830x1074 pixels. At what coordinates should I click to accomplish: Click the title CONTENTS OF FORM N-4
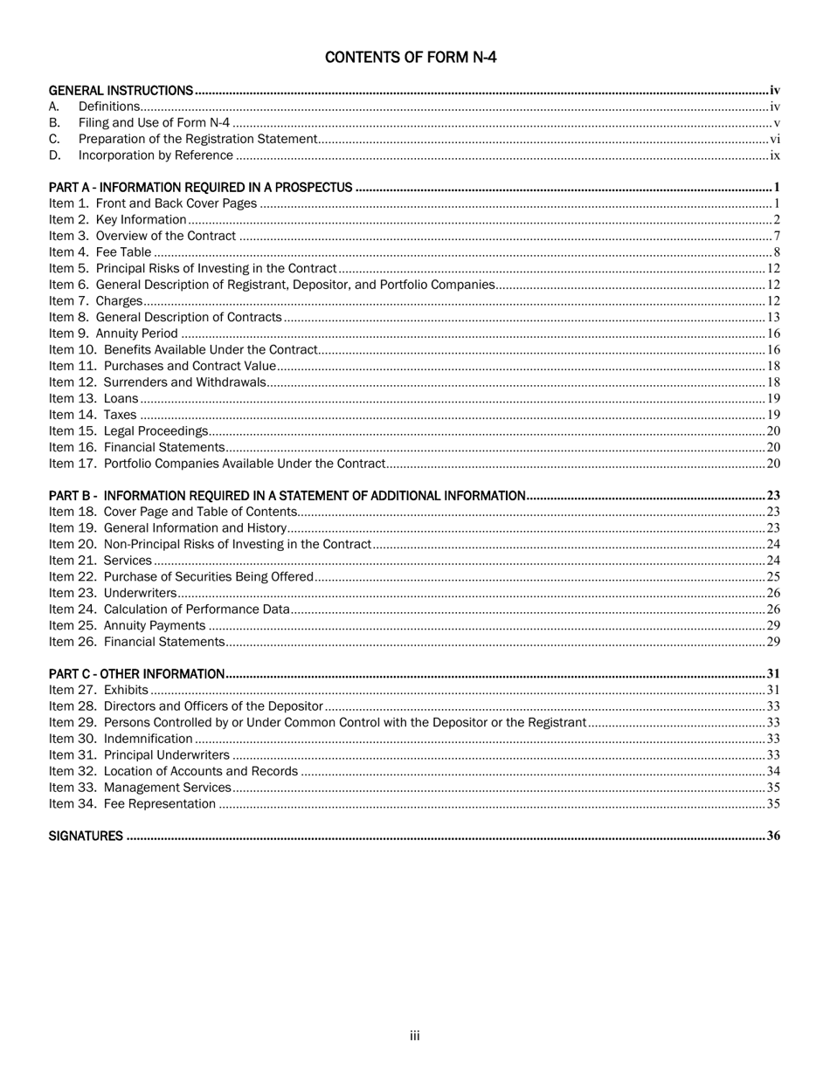411,58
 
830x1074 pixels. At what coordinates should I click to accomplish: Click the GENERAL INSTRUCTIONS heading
121,91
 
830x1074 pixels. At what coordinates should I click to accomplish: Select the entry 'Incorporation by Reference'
156,155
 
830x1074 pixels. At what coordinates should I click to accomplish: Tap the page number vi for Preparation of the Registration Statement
774,140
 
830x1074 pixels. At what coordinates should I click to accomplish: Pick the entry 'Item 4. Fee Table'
100,252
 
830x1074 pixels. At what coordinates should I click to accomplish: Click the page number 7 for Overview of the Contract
776,237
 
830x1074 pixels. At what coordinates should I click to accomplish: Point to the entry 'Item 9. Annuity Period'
114,334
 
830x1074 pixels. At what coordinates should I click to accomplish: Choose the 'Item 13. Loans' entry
93,398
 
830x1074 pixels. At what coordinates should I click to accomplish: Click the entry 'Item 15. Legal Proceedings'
128,430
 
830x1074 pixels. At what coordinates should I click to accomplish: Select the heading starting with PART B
287,496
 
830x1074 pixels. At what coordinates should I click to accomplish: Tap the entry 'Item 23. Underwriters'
113,593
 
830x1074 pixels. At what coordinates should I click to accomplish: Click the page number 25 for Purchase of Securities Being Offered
772,577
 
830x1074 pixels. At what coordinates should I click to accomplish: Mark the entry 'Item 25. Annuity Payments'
128,625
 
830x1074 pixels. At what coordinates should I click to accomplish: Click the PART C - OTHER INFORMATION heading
136,674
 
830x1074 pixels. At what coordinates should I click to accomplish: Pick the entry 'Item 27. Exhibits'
99,690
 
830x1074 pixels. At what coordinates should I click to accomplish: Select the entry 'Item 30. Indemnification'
121,739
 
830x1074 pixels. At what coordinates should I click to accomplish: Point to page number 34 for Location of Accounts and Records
772,771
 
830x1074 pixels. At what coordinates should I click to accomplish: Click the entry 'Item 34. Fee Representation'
132,803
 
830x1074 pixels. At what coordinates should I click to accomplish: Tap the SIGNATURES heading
86,836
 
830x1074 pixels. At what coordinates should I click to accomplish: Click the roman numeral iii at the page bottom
414,1036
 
